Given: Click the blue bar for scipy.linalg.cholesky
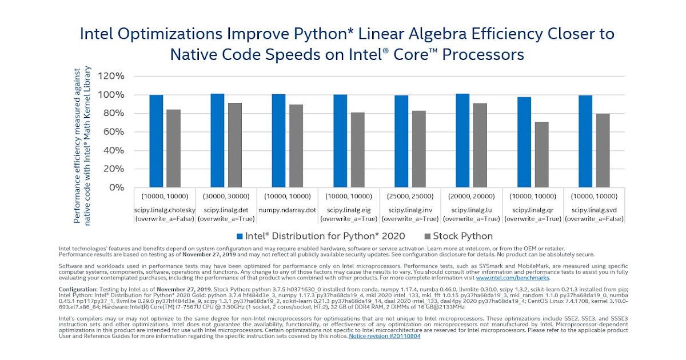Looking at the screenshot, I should point(156,141).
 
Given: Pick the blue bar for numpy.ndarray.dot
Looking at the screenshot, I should point(279,141).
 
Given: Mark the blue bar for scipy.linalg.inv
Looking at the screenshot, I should point(402,141).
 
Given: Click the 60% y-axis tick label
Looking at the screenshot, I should point(113,132).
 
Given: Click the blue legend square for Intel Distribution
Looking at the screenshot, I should point(240,236).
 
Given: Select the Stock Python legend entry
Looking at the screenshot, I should point(459,236).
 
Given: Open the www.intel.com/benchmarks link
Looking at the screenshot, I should point(512,278).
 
